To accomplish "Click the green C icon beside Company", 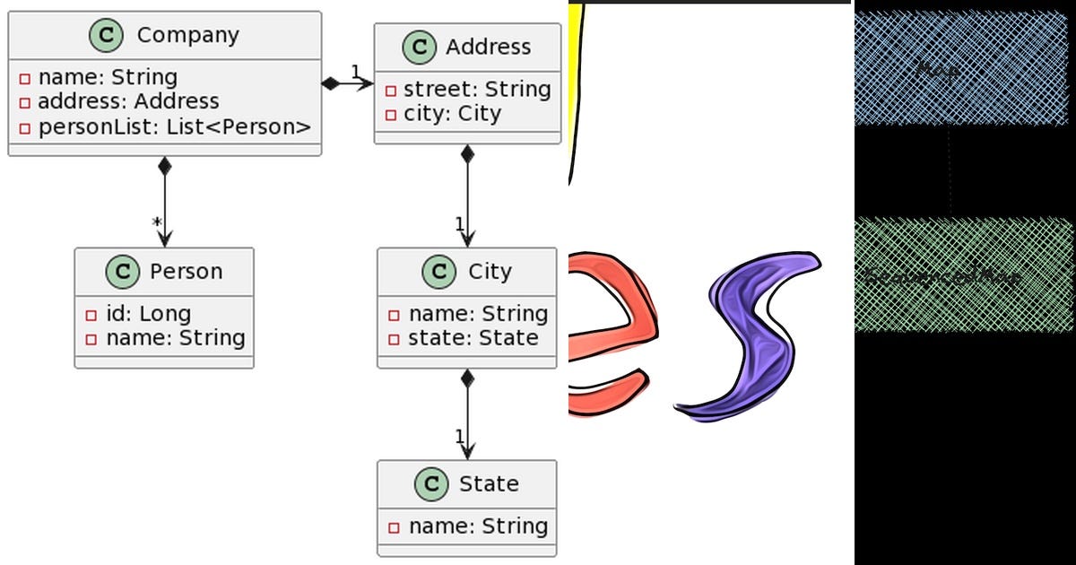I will coord(107,36).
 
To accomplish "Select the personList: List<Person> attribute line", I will coord(174,127).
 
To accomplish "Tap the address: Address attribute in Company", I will coord(127,102).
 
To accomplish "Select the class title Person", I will coord(187,271).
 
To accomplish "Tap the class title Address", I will coord(489,47).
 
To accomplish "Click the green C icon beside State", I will coord(431,484).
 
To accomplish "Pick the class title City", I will coord(490,271).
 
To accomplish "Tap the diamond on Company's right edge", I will coord(331,84).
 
